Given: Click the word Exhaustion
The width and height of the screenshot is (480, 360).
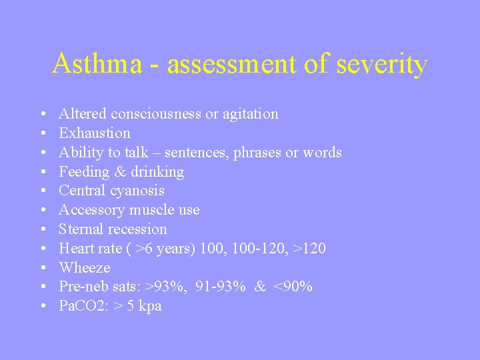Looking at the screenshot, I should coord(95,133).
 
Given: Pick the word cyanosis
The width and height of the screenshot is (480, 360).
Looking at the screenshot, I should coord(138,191).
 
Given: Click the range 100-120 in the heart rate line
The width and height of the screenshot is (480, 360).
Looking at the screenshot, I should coord(261,249).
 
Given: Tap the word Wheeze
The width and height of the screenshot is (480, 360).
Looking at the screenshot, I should coord(85,268).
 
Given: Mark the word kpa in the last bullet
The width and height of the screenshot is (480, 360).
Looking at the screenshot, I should coord(149,306).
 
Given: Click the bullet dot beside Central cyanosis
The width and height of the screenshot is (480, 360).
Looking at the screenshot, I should coord(43,191).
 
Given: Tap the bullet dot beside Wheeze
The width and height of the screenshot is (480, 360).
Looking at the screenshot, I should coord(43,269).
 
